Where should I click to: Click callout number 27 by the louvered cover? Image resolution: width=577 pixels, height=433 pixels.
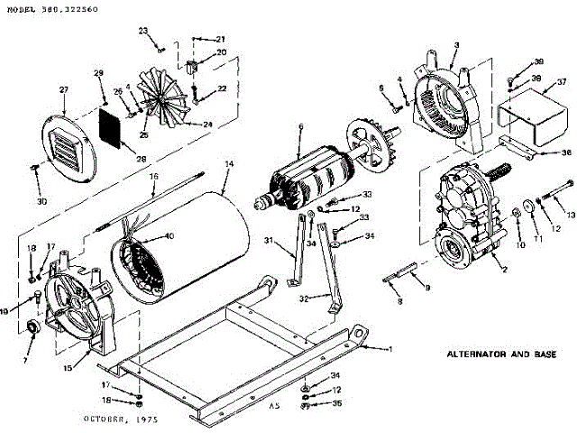point(64,89)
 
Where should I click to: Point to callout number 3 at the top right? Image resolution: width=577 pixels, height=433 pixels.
point(457,45)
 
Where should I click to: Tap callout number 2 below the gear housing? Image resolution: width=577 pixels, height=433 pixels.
point(505,269)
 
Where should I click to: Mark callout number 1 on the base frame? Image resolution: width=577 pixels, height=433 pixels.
point(390,348)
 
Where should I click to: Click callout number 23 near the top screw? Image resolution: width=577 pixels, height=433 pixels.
point(143,31)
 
